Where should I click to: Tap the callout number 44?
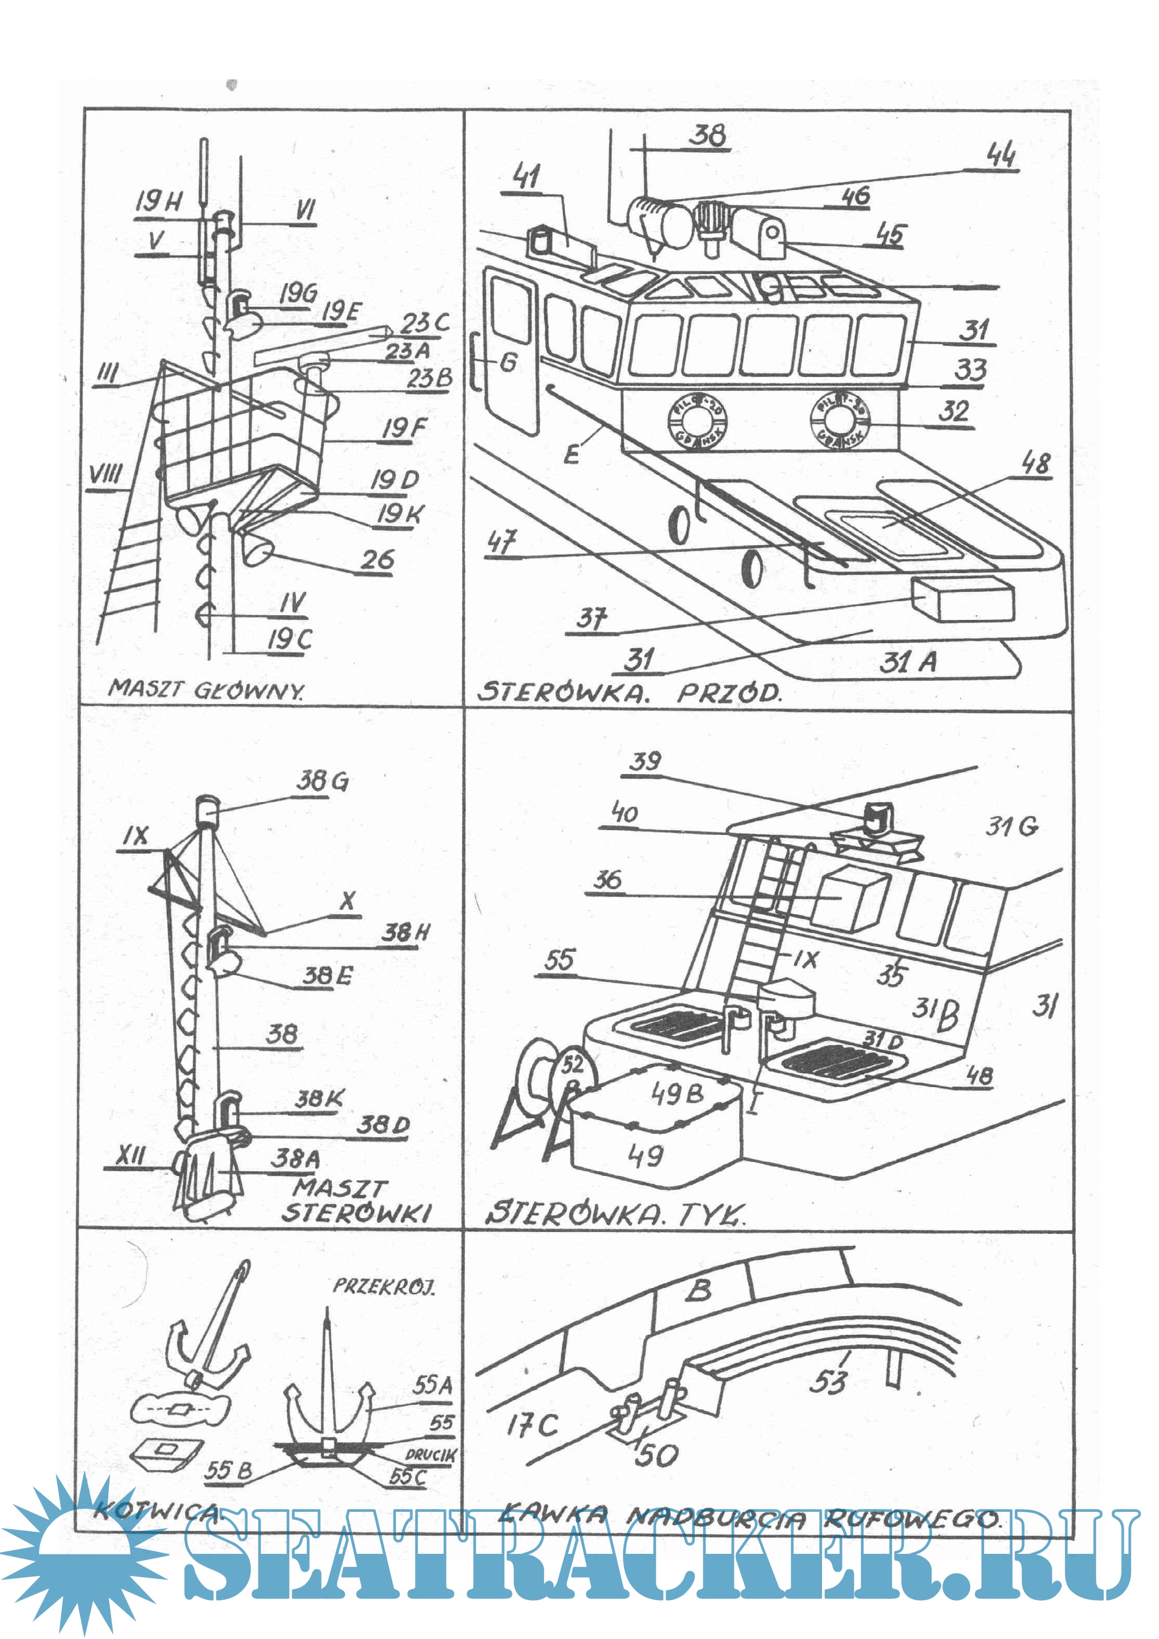1001,154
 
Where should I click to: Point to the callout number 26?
377,560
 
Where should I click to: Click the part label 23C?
424,323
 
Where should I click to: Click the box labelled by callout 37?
965,599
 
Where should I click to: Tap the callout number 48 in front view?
1035,464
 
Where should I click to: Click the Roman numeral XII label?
131,1156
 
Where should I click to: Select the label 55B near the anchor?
228,1470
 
